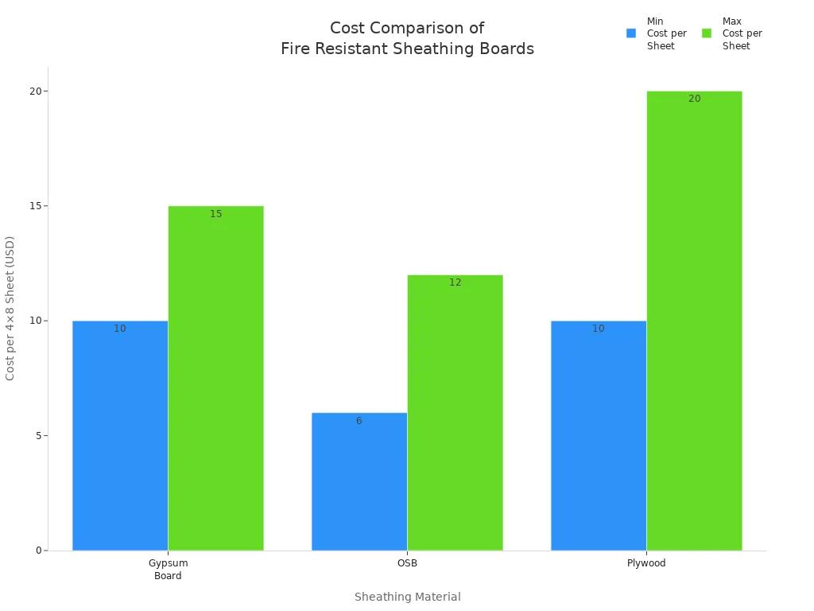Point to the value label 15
point(216,214)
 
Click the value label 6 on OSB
point(359,421)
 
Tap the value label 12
point(455,282)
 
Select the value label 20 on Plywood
point(694,99)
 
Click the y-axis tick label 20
point(35,91)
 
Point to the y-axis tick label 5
point(37,435)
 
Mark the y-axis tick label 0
point(37,551)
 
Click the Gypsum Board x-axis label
point(168,570)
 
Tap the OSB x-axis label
point(407,563)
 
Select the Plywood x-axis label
point(646,563)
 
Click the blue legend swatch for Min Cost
point(631,33)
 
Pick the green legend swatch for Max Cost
point(707,33)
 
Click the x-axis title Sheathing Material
point(407,597)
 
